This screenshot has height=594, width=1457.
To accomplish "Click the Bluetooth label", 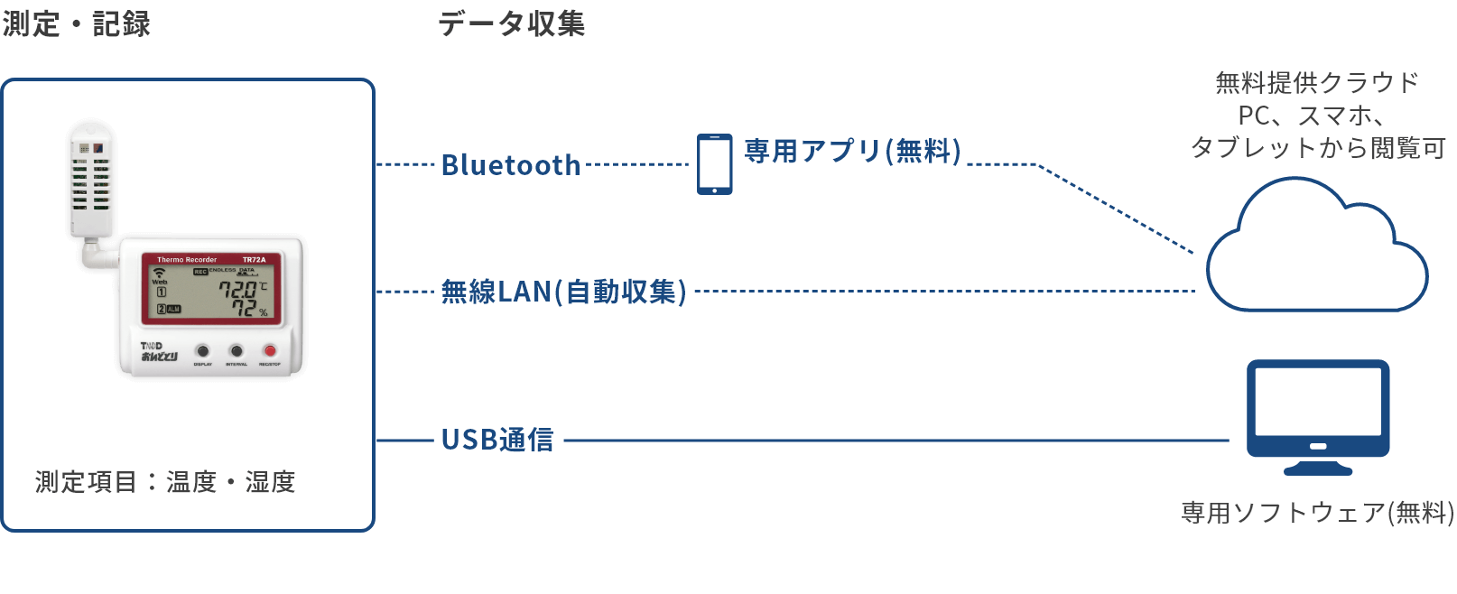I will click(510, 165).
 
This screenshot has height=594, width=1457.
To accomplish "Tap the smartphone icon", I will click(714, 164).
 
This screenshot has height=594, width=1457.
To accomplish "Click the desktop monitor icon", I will click(1318, 416).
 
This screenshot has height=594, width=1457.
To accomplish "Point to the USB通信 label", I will click(497, 441).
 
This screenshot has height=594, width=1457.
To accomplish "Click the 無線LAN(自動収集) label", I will click(563, 292).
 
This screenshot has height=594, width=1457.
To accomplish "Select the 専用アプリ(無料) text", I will click(852, 151).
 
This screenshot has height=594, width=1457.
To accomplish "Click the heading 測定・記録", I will click(77, 24).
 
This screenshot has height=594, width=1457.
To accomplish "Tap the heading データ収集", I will click(511, 24).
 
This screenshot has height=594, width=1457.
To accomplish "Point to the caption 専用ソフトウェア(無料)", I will click(1317, 513).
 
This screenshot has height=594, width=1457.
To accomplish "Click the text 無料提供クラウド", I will click(1317, 83).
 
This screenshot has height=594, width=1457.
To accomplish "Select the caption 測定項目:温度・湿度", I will click(165, 482).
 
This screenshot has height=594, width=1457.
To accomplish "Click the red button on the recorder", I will click(269, 350).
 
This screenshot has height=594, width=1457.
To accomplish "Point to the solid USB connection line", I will click(894, 441).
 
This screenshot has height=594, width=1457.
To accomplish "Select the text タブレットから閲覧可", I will click(1317, 147).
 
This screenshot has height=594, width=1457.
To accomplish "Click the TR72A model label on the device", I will click(254, 260).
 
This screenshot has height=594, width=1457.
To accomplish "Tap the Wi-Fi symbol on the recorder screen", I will click(160, 272).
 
